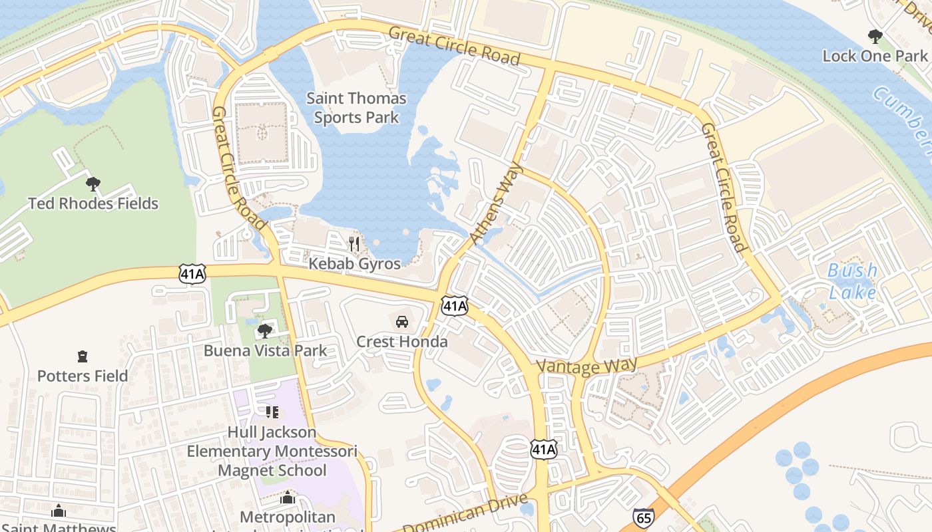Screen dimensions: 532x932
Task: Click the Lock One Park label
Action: (875, 56)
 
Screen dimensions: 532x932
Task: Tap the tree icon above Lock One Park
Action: (875, 37)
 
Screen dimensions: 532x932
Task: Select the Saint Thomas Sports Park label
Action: (356, 108)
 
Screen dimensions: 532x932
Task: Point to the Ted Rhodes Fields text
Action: (93, 203)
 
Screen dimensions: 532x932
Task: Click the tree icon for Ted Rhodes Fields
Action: (93, 184)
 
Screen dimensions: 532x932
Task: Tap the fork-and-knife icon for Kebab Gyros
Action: (354, 244)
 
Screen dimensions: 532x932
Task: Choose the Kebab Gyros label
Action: (354, 263)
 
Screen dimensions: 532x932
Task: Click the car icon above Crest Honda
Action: (402, 322)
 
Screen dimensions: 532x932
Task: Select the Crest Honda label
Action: (402, 342)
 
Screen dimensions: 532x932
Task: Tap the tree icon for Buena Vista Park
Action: (265, 331)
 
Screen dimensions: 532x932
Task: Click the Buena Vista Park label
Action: (265, 350)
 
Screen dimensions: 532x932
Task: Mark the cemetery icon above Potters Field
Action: (83, 356)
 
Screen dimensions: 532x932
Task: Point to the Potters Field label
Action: (83, 376)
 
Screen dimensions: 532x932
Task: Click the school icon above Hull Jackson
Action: (271, 412)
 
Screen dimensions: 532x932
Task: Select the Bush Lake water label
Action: (852, 281)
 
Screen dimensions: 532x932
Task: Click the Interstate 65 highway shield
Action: (643, 517)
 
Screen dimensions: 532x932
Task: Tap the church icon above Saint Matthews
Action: (59, 511)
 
